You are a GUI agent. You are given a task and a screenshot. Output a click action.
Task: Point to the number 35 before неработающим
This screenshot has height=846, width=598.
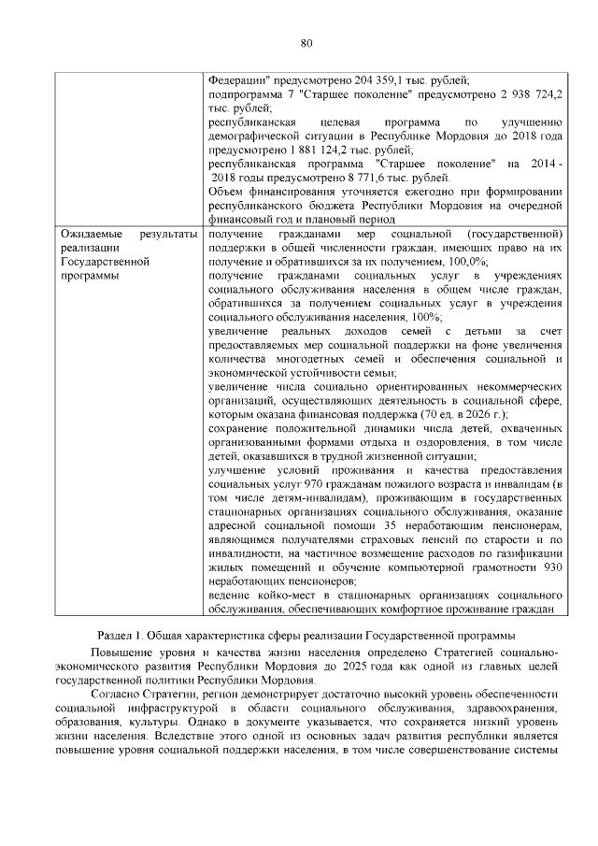(365, 525)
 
